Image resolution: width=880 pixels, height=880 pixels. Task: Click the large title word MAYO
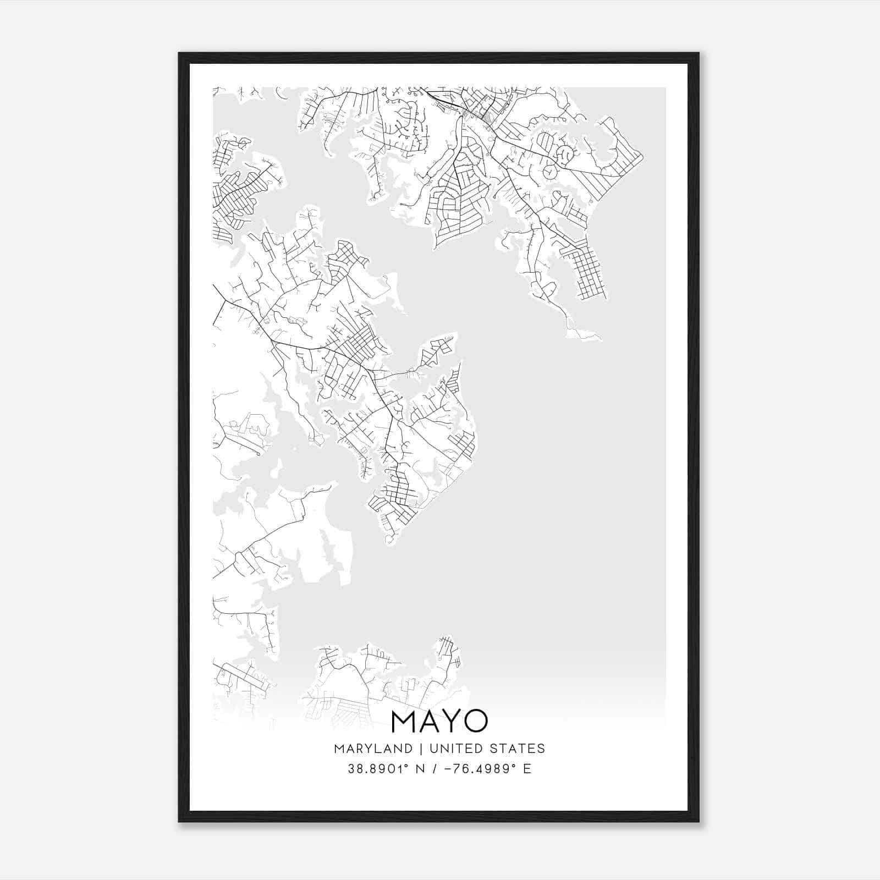click(439, 721)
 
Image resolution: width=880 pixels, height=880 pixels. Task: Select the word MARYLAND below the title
click(373, 749)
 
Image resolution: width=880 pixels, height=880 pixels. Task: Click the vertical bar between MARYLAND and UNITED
click(421, 749)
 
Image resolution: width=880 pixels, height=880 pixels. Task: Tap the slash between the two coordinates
click(435, 769)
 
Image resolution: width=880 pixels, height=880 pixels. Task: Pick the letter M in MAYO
click(403, 721)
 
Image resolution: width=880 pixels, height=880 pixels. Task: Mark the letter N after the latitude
click(420, 769)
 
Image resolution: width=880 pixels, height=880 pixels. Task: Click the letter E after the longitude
click(527, 769)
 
